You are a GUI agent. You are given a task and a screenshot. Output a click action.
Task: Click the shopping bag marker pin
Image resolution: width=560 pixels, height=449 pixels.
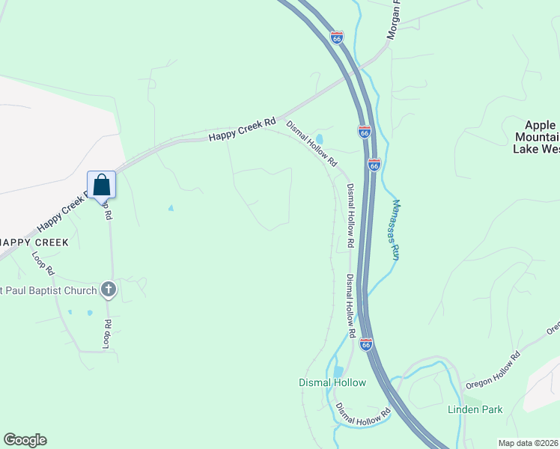(101, 185)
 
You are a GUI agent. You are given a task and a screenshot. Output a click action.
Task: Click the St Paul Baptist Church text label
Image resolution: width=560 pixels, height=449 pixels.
(49, 290)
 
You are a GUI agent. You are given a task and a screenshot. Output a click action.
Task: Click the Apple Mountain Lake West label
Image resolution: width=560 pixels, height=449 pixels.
(536, 137)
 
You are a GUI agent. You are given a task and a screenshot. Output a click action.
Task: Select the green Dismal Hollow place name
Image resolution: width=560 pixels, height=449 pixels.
(332, 382)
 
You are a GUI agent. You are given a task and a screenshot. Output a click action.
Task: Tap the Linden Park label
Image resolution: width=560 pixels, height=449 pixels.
(475, 409)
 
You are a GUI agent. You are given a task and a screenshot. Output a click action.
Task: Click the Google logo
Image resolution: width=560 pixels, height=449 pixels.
(25, 440)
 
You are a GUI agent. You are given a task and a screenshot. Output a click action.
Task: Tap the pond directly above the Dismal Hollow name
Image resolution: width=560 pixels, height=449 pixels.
(338, 370)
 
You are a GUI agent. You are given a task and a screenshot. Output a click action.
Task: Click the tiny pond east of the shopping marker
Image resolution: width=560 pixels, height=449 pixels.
(171, 208)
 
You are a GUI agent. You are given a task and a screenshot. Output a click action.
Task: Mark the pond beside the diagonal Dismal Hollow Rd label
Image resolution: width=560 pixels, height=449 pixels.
(320, 139)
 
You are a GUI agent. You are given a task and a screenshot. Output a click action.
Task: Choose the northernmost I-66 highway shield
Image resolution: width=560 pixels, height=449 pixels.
(337, 37)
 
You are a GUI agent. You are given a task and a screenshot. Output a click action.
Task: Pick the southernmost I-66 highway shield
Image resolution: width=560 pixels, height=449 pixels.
(365, 344)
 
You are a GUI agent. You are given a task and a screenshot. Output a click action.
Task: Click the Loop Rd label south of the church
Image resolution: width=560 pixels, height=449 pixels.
(106, 334)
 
